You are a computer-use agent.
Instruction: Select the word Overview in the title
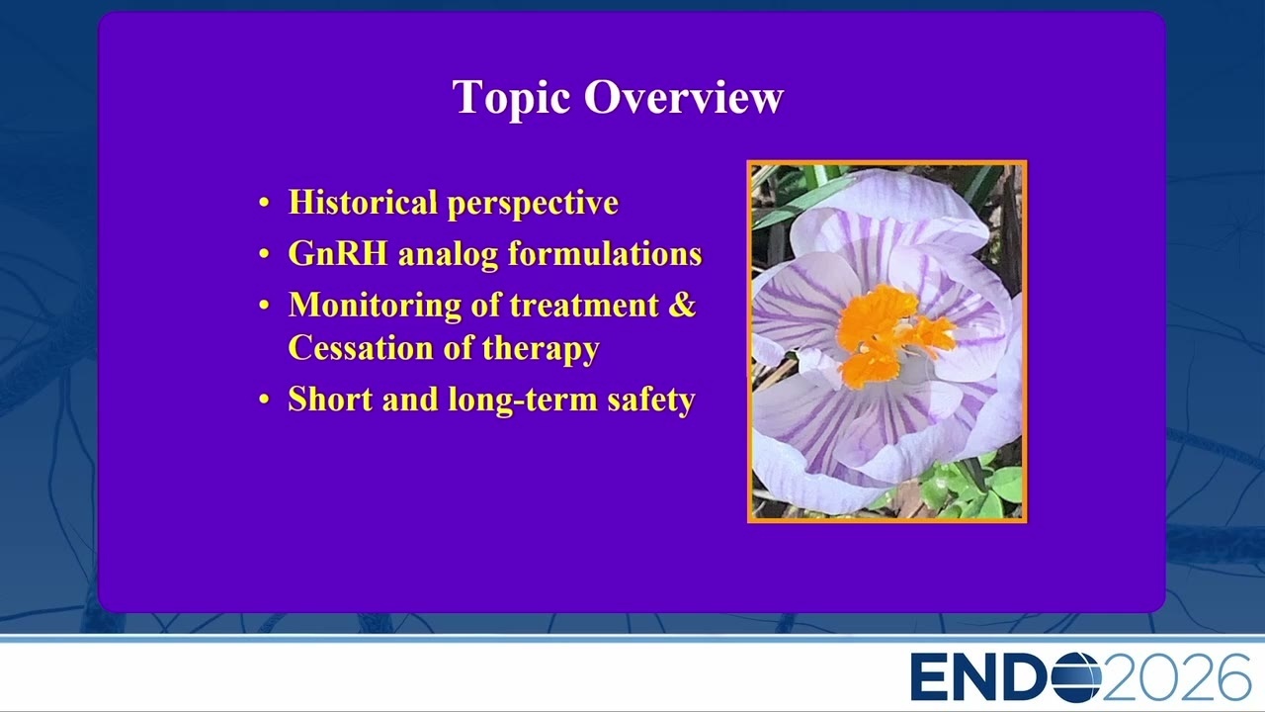coord(684,97)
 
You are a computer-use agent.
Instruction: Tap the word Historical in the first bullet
coord(363,202)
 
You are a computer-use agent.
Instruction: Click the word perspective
coord(533,205)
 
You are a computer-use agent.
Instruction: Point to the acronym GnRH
coord(338,253)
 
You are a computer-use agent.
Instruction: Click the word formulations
coord(605,253)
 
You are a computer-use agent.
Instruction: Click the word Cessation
coord(361,347)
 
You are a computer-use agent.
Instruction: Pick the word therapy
coord(541,349)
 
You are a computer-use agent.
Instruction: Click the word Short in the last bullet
coord(330,399)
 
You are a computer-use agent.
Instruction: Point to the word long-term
coord(523,400)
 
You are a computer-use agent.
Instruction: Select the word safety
coord(651,400)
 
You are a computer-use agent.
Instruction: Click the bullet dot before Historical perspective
coord(264,203)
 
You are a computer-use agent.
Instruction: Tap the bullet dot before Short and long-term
coord(264,400)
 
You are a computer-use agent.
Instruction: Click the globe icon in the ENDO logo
coord(1074,676)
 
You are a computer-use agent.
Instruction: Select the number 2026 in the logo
coord(1176,677)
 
